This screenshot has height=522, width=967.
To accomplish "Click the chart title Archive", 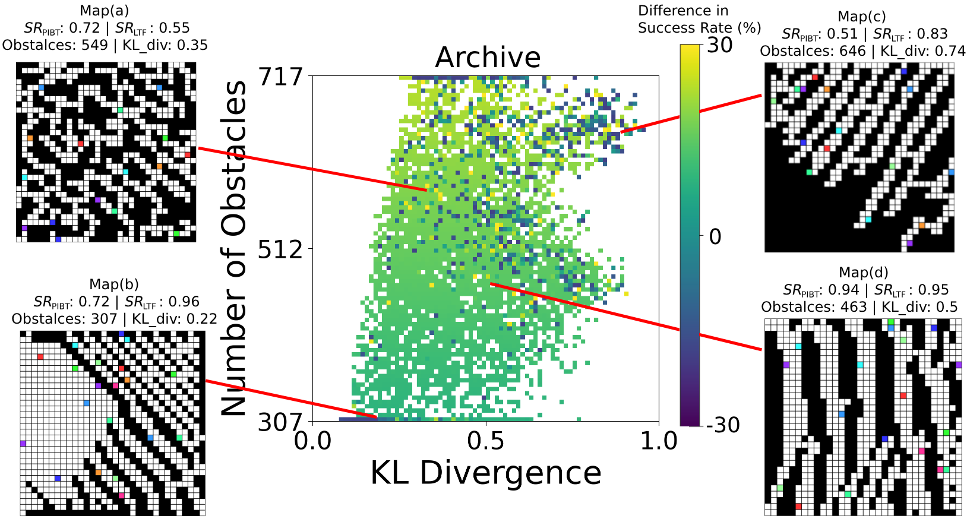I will pos(488,58).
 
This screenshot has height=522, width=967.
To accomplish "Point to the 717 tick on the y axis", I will pos(280,77).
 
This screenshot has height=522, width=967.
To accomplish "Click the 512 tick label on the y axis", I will pos(280,249).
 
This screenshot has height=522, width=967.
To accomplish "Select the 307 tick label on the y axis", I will pos(280,422).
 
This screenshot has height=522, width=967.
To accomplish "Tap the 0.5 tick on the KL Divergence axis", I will pos(485,441).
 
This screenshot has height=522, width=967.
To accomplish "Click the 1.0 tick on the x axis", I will pos(659,441).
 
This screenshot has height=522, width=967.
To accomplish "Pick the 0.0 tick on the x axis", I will pos(312,441).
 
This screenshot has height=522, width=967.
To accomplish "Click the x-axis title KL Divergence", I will pos(486,473).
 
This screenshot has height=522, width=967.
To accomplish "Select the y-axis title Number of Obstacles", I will pos(233,249).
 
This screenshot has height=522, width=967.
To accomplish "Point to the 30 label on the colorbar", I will pos(720,45).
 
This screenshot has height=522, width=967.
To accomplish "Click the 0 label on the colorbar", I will pos(715,236).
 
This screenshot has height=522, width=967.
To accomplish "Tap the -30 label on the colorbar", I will pos(722,425).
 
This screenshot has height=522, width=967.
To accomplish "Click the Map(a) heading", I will pos(104,10).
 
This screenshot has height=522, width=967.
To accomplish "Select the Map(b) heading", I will pos(114,284).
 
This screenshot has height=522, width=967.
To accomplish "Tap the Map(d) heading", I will pos(863,272).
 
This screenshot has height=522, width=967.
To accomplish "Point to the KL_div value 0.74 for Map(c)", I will pos(953,51).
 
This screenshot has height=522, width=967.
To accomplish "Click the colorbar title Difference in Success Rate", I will pos(699,19).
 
